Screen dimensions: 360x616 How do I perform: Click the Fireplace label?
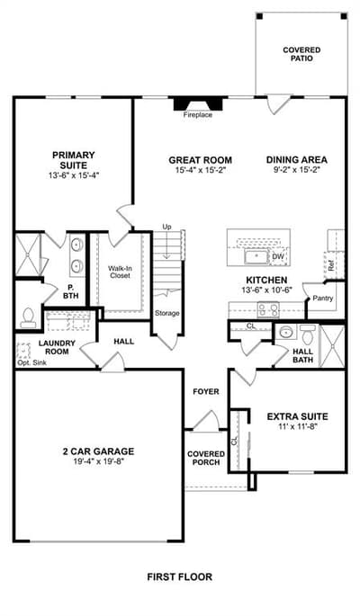point(198,115)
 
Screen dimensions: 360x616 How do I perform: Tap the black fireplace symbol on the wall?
point(198,103)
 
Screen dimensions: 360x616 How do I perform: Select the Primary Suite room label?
point(74,160)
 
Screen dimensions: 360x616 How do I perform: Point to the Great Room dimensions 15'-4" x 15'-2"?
point(201,170)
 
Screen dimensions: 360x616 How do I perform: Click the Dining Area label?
point(297,160)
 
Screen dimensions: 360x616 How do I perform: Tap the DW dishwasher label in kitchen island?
point(277,257)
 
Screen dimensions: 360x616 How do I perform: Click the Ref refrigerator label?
point(331,267)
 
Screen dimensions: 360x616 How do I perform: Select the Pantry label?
point(323,299)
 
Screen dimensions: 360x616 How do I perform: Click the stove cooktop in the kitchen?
point(268,309)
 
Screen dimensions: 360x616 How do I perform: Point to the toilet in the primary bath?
point(28,317)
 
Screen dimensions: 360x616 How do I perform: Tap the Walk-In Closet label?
point(120,272)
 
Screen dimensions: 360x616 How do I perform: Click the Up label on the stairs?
point(167,227)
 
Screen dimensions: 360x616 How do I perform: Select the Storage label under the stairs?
point(167,313)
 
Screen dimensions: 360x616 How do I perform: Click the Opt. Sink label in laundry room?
point(31,362)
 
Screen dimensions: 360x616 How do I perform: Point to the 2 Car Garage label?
point(99,451)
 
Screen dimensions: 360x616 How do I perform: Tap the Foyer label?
point(206,392)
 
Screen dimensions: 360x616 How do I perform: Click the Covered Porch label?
point(206,458)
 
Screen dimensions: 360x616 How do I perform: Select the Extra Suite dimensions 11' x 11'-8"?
point(298,426)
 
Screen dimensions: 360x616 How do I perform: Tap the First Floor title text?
point(180,576)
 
